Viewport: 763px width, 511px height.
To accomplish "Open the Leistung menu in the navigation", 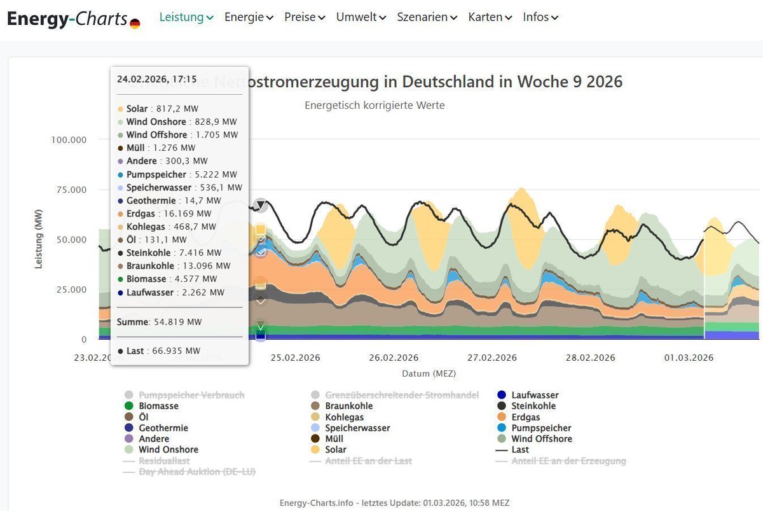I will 186,17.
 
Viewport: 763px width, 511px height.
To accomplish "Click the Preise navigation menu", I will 305,17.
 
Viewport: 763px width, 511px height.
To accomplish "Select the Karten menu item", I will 490,17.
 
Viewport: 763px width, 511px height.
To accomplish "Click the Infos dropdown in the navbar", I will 540,17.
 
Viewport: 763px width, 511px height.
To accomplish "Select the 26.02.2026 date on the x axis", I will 394,358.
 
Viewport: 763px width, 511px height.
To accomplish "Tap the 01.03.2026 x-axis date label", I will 689,358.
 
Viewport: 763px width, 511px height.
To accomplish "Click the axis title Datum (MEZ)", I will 429,373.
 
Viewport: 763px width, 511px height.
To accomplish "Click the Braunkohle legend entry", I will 349,406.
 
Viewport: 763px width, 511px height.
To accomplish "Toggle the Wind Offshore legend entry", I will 542,438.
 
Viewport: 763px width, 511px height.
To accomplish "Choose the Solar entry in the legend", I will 336,449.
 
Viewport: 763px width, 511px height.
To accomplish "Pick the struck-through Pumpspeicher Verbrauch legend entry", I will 191,395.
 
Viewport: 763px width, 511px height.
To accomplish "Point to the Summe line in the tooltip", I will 159,322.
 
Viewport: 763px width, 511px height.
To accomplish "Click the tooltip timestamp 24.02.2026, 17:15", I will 156,79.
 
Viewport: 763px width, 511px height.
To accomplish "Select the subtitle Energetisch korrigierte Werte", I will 375,105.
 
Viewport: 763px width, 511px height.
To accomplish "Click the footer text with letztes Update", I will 394,503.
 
